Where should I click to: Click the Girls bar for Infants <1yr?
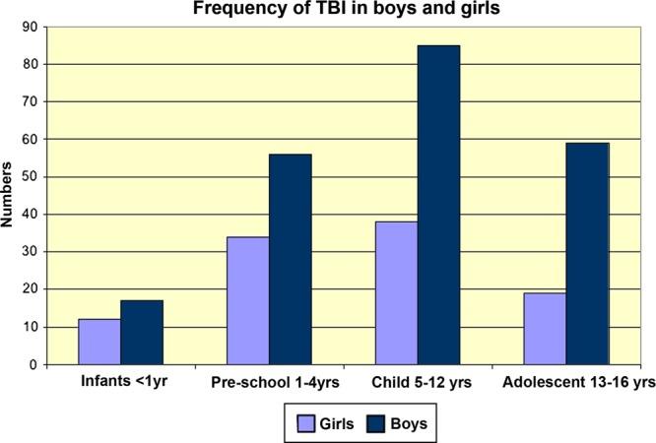(x=98, y=342)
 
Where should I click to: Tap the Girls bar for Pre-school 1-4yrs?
(x=247, y=300)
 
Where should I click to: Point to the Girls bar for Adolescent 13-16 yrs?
(x=544, y=329)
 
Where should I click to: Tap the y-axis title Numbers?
(x=10, y=197)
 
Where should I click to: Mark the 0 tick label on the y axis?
(x=37, y=364)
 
